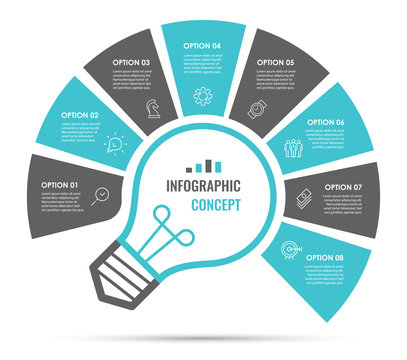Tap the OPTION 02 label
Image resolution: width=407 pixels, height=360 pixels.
(80, 115)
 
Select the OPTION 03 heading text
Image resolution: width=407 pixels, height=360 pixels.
(131, 62)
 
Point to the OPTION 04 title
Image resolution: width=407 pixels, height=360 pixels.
(203, 46)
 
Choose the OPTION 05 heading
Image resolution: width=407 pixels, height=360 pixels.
(275, 62)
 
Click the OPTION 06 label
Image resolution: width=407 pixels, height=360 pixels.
(326, 122)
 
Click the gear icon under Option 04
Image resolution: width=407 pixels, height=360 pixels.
(204, 97)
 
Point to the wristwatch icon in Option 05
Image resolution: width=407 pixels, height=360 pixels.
(256, 109)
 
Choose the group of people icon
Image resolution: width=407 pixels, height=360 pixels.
(293, 147)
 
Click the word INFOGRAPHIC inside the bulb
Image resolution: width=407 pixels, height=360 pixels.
(204, 185)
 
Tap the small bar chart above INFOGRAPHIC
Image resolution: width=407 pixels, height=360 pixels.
(204, 166)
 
